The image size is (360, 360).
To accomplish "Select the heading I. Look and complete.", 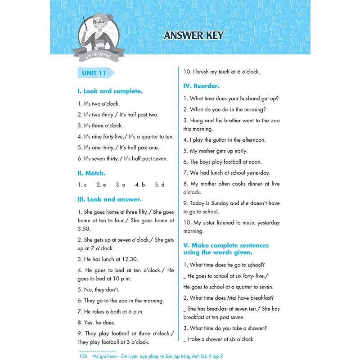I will click(x=110, y=91).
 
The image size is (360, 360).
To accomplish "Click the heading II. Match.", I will click(x=92, y=173).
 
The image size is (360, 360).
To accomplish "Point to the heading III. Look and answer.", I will click(x=110, y=199).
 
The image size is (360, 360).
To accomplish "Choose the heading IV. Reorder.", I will click(x=202, y=85).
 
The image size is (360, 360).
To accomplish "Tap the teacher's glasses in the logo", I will click(x=99, y=22).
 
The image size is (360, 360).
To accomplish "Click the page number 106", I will click(x=82, y=356).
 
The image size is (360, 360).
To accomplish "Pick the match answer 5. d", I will click(x=159, y=184).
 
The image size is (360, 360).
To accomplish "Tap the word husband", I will click(x=252, y=98).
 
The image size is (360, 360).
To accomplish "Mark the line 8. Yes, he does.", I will click(x=96, y=322).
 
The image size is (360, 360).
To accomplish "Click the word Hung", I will click(x=197, y=121).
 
